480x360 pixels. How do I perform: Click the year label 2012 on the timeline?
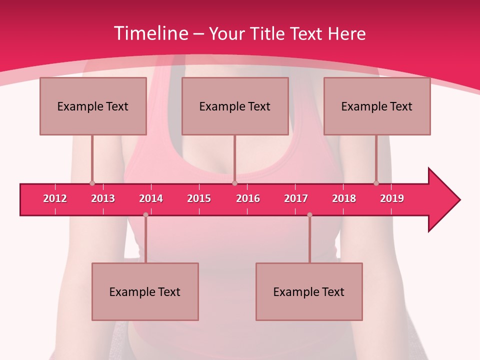(x=55, y=198)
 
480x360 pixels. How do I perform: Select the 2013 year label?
(x=103, y=198)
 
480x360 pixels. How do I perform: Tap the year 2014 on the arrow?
(x=151, y=198)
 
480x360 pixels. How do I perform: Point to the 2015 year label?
(x=199, y=198)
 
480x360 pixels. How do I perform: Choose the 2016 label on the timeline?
(x=248, y=198)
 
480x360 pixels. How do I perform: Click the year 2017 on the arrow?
(x=296, y=198)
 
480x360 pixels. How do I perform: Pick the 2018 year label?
(x=344, y=198)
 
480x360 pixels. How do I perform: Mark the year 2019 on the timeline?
(x=392, y=198)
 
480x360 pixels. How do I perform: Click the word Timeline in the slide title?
(x=150, y=33)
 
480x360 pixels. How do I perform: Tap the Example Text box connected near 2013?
(x=93, y=106)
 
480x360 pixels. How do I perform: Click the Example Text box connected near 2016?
(x=235, y=106)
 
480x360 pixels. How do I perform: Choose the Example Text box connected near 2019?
(x=377, y=106)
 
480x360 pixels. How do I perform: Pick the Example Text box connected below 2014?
(x=145, y=291)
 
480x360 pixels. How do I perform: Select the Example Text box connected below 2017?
(x=309, y=291)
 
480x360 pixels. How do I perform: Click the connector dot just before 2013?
(x=92, y=183)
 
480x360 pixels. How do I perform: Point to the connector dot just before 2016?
(x=234, y=183)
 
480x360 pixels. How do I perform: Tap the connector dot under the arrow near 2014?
(x=145, y=215)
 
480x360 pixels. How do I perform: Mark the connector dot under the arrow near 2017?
(x=309, y=215)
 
